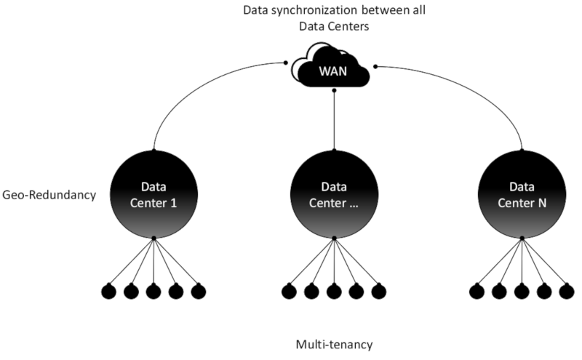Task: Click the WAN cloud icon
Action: coord(330,67)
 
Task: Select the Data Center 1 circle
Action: coord(154,194)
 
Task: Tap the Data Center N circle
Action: coord(522,194)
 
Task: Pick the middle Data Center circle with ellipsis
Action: coord(334,194)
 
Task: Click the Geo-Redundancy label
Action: coord(49,195)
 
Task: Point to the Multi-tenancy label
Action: coord(334,345)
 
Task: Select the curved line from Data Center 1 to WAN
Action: coord(193,86)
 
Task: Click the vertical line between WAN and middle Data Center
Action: coord(334,120)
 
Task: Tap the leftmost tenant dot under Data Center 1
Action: coord(108,292)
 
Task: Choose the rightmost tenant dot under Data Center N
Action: coord(567,292)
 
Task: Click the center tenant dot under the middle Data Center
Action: coord(334,292)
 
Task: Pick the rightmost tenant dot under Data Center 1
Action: coord(199,292)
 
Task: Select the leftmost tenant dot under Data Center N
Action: coord(477,292)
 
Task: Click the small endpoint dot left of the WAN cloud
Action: coord(285,63)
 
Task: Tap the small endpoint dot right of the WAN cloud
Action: coord(375,66)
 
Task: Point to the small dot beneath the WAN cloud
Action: coord(334,90)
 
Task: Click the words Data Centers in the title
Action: coord(334,26)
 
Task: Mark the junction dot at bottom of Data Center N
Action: coord(522,238)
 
